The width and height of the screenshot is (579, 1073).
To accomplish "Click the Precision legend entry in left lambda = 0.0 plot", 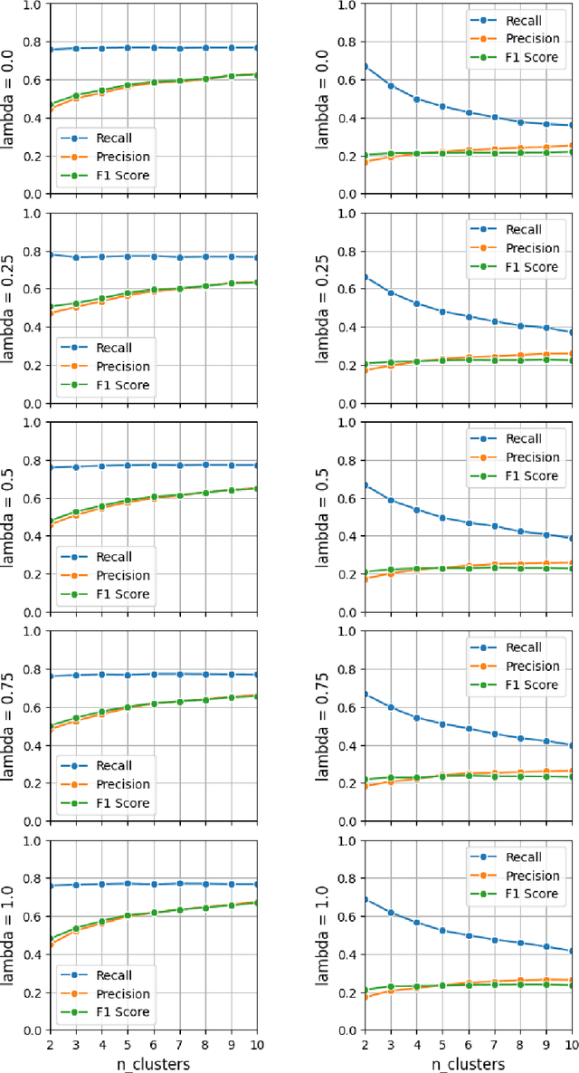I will [x=115, y=158].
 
